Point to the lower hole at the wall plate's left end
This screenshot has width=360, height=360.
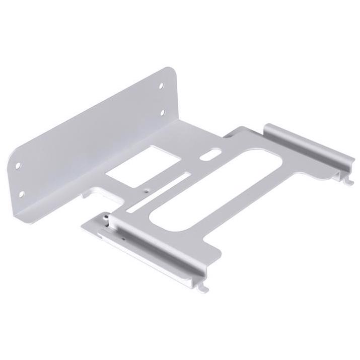click(x=22, y=193)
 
